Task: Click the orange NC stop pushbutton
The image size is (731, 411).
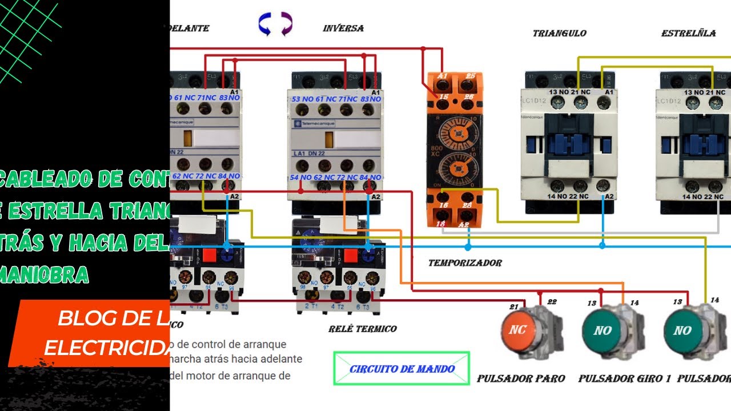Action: (518, 330)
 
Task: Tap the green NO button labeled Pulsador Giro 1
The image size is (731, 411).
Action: (603, 330)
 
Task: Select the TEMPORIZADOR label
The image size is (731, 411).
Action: (465, 263)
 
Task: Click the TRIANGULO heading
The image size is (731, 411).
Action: (559, 33)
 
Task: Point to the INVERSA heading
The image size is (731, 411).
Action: (343, 28)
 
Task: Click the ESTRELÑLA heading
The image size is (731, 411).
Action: (688, 33)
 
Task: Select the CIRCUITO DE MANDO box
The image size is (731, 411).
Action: (401, 369)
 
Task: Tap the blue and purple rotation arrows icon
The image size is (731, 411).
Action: (275, 25)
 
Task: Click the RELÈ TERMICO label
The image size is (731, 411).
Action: (362, 329)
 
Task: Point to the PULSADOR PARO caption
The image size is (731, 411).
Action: (521, 378)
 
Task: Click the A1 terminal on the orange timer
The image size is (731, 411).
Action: (442, 76)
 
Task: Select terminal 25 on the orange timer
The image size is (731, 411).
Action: (470, 76)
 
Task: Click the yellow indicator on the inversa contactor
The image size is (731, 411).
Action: (329, 139)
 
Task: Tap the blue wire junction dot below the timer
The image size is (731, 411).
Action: (468, 247)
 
